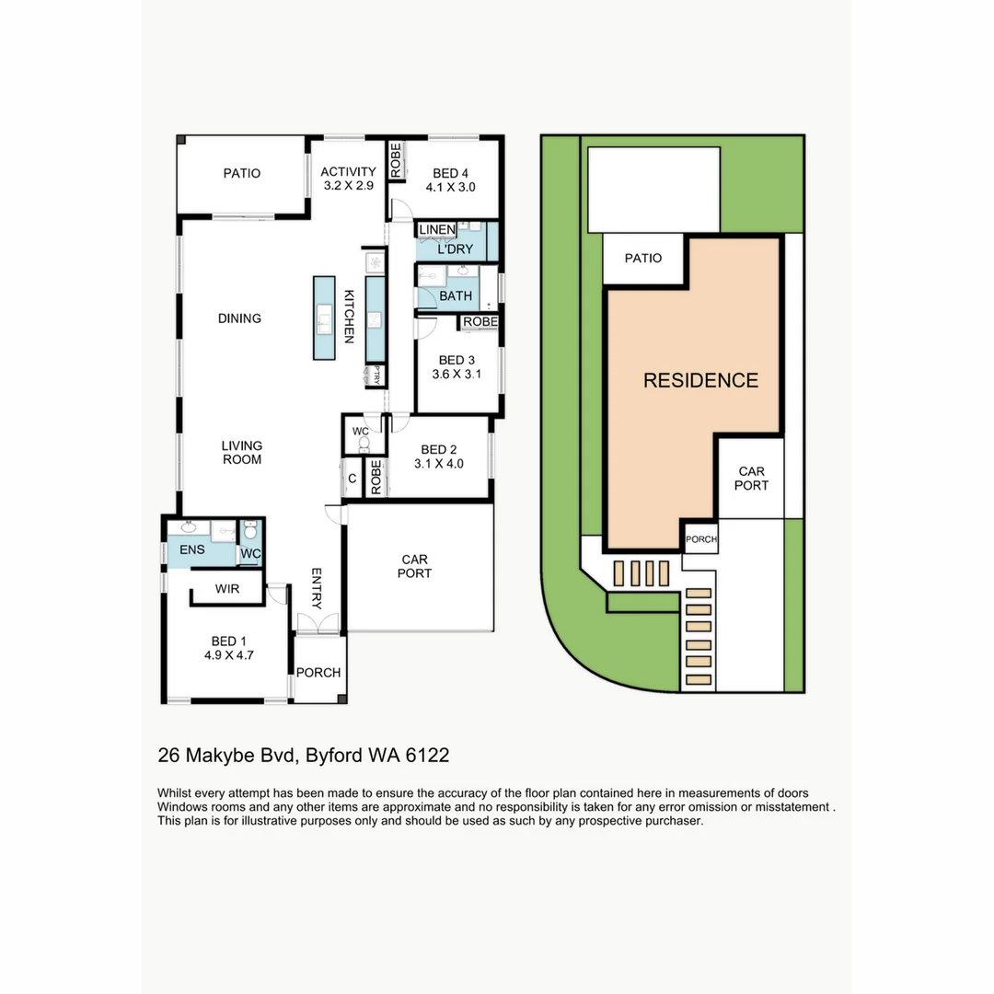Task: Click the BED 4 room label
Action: tap(451, 173)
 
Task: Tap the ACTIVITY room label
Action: tap(348, 171)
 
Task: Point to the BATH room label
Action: tap(456, 296)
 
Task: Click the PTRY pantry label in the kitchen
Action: tap(374, 375)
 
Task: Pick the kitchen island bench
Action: tap(324, 318)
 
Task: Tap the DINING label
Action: tap(239, 318)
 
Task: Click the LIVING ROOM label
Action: tap(241, 453)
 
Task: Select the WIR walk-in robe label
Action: tap(227, 589)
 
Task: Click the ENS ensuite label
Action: tap(192, 550)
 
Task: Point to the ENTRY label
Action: tap(317, 589)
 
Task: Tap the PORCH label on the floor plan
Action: tap(318, 673)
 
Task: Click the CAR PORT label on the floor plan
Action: tap(413, 566)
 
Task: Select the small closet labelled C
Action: tap(352, 479)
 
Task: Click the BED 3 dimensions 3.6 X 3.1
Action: tap(457, 375)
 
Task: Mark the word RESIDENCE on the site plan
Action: tap(700, 380)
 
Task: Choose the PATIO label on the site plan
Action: tap(642, 258)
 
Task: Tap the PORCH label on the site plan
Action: tap(700, 539)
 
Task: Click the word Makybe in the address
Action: tap(221, 756)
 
